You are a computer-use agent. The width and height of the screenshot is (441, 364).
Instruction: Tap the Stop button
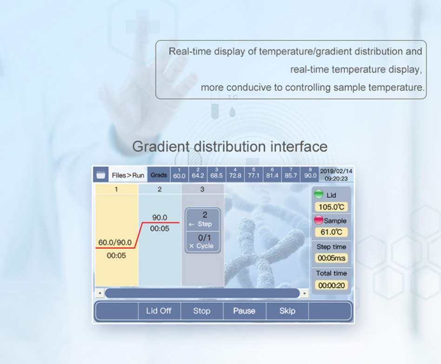tap(201, 311)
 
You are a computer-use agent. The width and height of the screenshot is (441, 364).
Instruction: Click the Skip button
tap(287, 311)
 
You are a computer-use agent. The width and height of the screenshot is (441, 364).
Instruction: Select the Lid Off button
tap(159, 311)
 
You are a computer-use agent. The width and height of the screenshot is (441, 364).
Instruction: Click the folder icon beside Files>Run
tap(100, 175)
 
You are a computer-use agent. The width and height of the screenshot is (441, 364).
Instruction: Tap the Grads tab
tap(159, 175)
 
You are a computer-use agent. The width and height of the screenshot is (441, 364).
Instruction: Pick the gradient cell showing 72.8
tap(235, 174)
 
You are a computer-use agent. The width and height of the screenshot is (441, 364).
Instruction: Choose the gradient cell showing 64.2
tap(198, 174)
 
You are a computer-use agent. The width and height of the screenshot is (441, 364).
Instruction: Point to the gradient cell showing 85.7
tap(291, 174)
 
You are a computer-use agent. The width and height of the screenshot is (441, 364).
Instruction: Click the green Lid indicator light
tap(319, 194)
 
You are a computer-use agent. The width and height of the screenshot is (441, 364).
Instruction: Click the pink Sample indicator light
tap(319, 220)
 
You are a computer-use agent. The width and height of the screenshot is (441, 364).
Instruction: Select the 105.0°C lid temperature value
tap(331, 207)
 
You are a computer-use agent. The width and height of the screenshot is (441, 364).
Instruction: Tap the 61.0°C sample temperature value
tap(331, 232)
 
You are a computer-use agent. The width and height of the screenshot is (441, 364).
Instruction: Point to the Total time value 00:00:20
tap(331, 285)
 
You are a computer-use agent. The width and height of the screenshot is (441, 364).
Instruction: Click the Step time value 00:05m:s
tap(331, 258)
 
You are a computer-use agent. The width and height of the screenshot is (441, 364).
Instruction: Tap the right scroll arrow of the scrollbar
tap(305, 293)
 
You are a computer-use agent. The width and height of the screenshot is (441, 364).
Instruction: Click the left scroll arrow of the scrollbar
tap(100, 293)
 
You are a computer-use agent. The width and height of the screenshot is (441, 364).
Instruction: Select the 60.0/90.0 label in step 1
tap(115, 243)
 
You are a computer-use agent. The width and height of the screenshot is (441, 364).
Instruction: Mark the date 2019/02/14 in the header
tap(336, 171)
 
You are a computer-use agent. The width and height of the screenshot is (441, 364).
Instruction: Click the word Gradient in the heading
tap(161, 147)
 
